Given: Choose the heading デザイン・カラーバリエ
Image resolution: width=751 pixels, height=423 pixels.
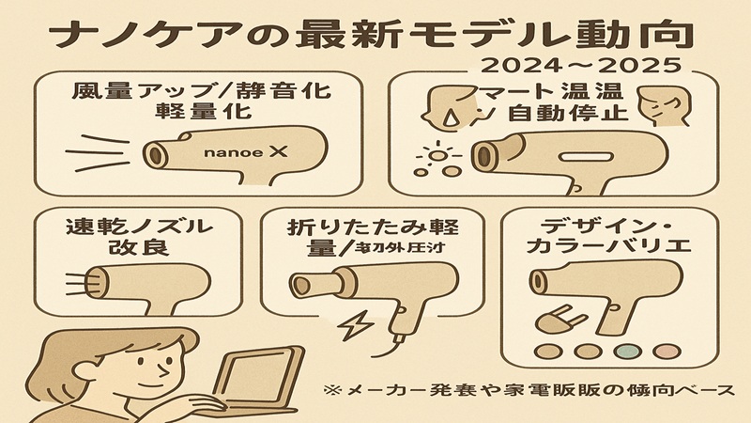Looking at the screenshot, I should (x=610, y=238).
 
